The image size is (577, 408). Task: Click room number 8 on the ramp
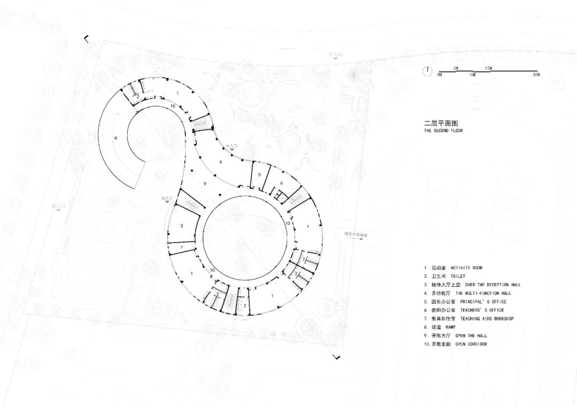coord(115,138)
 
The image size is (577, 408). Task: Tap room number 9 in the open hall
coord(205,183)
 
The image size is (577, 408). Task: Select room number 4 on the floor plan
coord(220,161)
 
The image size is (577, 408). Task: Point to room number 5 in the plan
coord(259,175)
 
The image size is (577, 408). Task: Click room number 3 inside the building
coord(182,226)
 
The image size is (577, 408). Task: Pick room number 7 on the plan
coord(182,247)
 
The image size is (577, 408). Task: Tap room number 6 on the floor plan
coord(281,183)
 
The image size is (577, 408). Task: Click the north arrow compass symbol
coord(427,70)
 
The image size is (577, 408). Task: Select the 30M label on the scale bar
coord(536,75)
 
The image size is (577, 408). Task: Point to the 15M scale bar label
coord(488,68)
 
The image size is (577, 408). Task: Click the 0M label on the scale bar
coord(439,75)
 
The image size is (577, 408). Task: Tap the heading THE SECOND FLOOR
coord(443,131)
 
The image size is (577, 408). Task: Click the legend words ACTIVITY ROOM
coord(466,268)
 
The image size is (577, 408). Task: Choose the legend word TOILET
coord(458,276)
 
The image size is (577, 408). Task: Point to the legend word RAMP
coord(450,327)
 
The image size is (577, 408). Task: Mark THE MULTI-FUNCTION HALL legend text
coord(484,293)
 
